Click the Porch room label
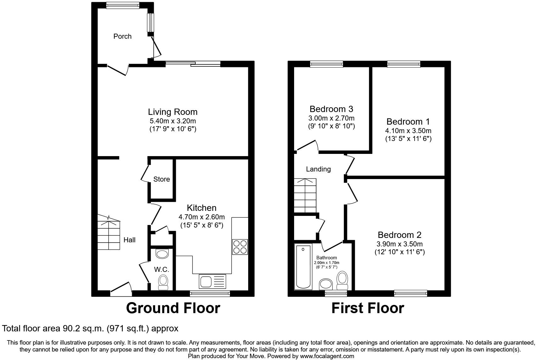[x=122, y=36]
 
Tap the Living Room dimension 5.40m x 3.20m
[x=173, y=121]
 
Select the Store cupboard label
[x=161, y=179]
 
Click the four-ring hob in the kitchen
[x=240, y=247]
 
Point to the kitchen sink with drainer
[x=212, y=281]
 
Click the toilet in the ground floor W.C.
[x=163, y=282]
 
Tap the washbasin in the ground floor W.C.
[x=162, y=254]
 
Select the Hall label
[x=129, y=240]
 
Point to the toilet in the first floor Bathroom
[x=342, y=280]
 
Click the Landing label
[x=318, y=169]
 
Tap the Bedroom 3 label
[x=331, y=109]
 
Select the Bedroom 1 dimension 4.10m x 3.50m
[x=408, y=131]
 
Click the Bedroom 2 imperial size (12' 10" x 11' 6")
[x=399, y=252]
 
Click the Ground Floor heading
[x=173, y=308]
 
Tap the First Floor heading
[x=367, y=308]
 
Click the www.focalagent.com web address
[x=327, y=356]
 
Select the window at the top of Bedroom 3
[x=326, y=64]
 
